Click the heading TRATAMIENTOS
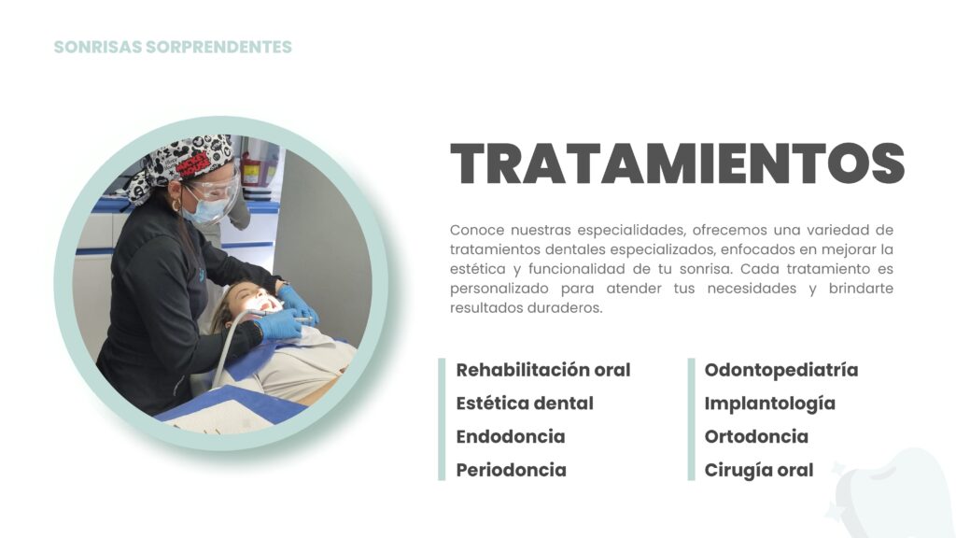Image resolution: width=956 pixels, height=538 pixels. [x=678, y=163]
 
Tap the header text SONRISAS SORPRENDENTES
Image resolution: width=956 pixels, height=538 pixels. [x=173, y=47]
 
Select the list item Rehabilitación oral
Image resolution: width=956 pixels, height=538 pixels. [x=543, y=370]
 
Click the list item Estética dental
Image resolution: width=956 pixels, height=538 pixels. [x=525, y=403]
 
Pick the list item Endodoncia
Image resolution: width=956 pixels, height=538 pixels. [x=511, y=437]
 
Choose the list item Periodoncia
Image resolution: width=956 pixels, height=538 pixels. [x=512, y=471]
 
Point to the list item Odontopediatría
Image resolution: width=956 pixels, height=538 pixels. [x=781, y=370]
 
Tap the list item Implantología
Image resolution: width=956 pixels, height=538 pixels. [x=769, y=403]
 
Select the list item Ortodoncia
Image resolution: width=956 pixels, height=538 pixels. [x=756, y=437]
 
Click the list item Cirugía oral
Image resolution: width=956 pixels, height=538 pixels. [x=758, y=471]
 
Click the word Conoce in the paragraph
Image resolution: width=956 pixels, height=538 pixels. [x=477, y=230]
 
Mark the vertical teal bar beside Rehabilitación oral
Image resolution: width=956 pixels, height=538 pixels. [x=442, y=419]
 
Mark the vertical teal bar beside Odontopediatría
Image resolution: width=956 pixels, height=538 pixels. [x=692, y=419]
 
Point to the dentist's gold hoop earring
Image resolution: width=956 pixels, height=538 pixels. [x=176, y=205]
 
